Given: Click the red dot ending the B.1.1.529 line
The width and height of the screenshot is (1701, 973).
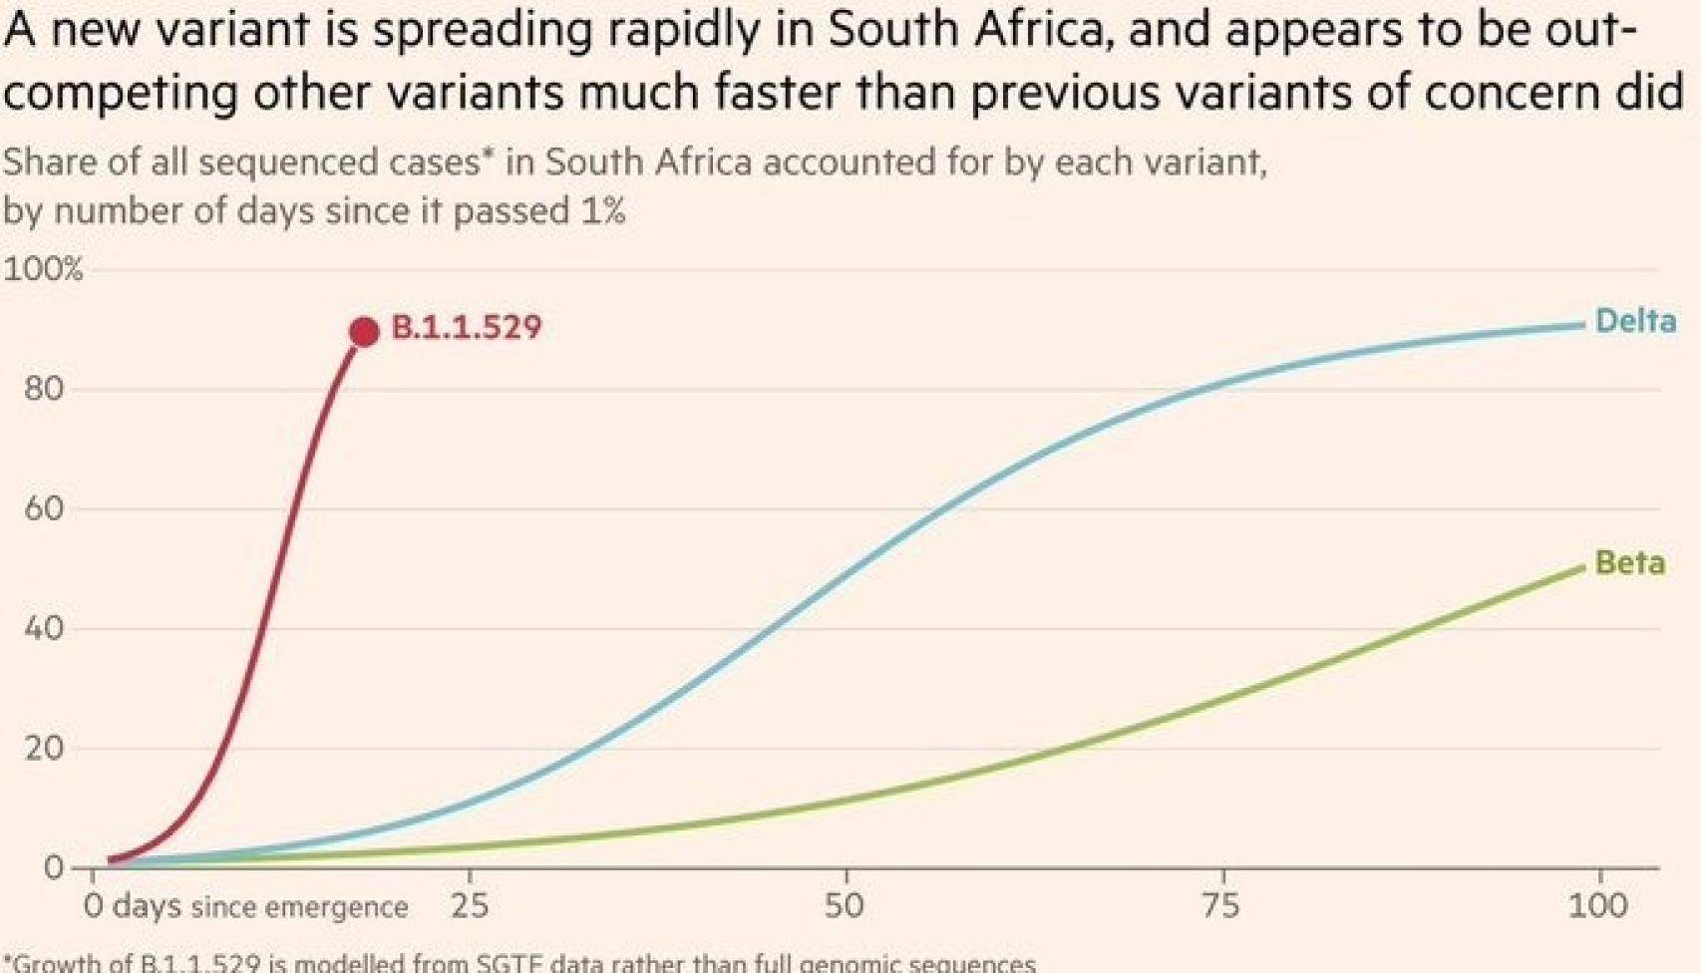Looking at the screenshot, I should [364, 332].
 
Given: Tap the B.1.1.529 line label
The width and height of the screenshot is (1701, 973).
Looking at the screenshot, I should [466, 328].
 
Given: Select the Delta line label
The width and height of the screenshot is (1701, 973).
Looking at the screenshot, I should [1635, 321].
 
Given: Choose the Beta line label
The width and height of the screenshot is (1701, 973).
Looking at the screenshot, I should [1629, 563].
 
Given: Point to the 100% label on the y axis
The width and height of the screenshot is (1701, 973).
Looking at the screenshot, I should [43, 269].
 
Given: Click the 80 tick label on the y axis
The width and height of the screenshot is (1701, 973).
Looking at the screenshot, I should [44, 389].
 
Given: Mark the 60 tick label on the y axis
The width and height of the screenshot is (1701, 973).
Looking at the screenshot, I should [44, 508].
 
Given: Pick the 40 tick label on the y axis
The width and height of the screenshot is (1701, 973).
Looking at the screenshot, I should [44, 628].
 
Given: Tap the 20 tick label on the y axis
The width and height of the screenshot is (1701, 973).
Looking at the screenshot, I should [44, 748].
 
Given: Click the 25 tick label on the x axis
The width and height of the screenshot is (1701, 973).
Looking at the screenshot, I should [470, 905].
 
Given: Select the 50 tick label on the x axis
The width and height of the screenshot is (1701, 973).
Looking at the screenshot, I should [845, 905].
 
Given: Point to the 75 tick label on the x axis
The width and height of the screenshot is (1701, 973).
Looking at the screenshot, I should [1220, 905].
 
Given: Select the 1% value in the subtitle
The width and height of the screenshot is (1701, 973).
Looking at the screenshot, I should [598, 211].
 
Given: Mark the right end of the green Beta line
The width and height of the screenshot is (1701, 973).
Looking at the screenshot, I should [1582, 568].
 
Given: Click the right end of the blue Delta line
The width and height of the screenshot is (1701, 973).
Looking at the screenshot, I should [1582, 325].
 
